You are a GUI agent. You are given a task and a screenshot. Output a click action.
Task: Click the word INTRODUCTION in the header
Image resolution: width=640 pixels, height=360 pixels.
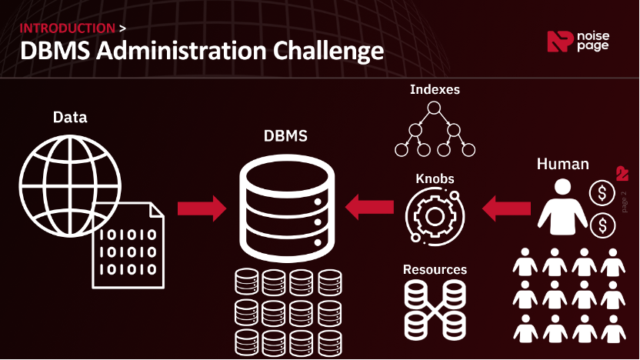68,28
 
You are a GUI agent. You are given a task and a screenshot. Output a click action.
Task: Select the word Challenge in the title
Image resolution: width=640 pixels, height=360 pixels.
328,52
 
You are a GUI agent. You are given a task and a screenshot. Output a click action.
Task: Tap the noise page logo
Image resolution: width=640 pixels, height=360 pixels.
578,42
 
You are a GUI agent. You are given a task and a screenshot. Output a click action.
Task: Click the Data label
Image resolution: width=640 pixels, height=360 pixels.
70,118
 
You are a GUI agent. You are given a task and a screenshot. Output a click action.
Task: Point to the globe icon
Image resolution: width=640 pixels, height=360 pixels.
70,185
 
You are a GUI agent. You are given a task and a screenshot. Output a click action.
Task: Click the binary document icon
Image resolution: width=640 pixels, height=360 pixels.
128,245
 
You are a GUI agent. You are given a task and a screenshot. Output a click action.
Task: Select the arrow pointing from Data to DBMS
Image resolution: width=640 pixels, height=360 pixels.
202,208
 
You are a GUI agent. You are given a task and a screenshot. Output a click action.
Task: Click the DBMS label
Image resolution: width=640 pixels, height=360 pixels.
285,136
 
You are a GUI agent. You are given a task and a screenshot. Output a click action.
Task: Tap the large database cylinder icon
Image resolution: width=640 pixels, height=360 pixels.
287,208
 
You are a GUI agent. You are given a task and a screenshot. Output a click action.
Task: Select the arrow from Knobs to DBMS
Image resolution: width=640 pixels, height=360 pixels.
369,207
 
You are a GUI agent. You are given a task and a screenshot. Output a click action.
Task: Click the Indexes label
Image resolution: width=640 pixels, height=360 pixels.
435,89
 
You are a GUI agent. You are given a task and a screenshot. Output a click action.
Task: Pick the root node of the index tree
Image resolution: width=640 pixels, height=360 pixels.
434,108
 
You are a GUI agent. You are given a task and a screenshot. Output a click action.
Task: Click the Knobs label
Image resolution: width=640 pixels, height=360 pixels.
435,178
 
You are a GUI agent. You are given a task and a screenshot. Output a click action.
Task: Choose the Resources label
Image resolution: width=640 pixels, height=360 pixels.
435,269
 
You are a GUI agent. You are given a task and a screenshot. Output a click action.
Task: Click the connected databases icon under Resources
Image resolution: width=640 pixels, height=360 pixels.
435,310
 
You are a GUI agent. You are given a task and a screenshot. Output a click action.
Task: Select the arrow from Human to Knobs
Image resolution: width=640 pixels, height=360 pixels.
506,208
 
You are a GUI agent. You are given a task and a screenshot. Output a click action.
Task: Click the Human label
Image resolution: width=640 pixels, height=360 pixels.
562,164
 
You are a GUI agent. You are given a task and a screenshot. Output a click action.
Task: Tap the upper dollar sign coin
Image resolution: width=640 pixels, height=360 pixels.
602,192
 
